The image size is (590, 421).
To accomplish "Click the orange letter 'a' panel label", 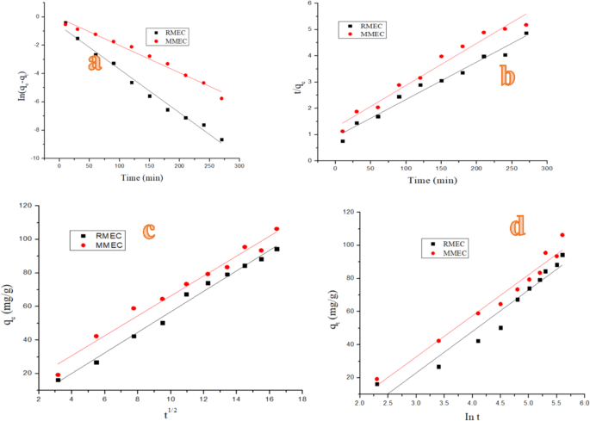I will pyautogui.click(x=96, y=62).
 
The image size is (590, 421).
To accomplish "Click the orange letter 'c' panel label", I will pyautogui.click(x=149, y=231).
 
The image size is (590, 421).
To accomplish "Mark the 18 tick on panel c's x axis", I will pyautogui.click(x=301, y=399).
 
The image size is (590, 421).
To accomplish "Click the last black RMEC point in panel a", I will pyautogui.click(x=221, y=139).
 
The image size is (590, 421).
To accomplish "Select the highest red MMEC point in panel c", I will pyautogui.click(x=276, y=229).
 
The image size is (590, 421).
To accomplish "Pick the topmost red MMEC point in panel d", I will pyautogui.click(x=562, y=235).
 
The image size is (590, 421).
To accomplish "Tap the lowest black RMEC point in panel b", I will pyautogui.click(x=342, y=141).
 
